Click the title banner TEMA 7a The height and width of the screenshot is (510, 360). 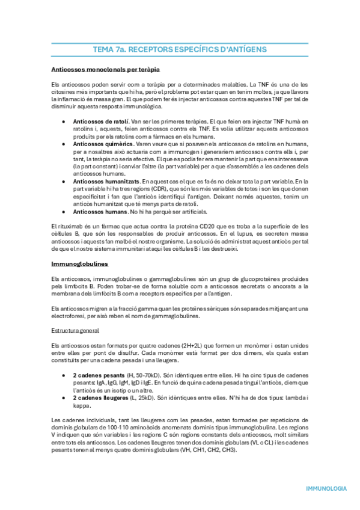coord(180,49)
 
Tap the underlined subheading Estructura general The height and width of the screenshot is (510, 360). coord(75,330)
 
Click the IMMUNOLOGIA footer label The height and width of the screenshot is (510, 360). coord(326,488)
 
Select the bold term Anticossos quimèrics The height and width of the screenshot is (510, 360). coord(103,144)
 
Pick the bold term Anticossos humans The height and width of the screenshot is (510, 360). coord(99,211)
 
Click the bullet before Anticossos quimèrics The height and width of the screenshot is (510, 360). coord(64,144)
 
